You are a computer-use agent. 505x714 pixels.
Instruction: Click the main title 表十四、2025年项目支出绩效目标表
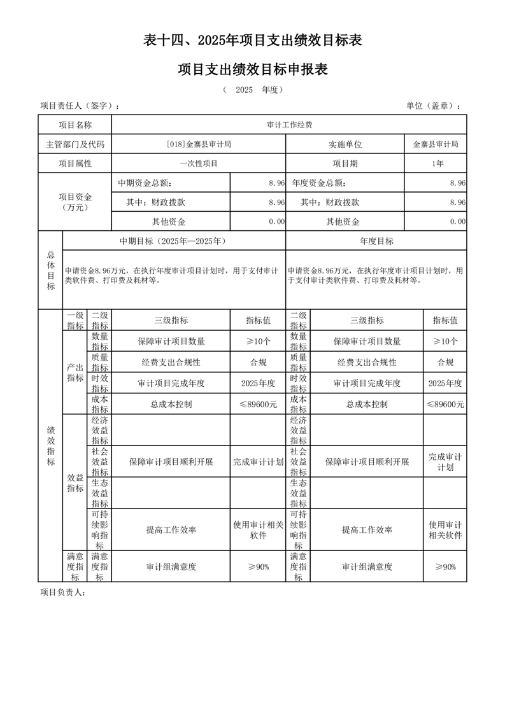point(252,41)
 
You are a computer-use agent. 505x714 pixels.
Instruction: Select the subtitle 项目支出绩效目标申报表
point(252,69)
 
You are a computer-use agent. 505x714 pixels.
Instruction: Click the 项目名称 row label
point(75,125)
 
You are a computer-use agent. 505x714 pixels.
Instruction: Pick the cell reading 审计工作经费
point(289,125)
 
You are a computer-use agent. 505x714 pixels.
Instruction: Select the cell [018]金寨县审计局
point(198,144)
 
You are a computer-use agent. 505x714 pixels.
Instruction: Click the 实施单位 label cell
point(345,144)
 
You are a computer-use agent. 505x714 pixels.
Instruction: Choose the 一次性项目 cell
point(198,164)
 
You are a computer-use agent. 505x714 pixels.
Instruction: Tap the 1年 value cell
point(436,164)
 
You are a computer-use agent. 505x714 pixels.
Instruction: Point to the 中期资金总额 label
point(145,183)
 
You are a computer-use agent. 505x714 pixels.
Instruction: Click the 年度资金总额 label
point(319,183)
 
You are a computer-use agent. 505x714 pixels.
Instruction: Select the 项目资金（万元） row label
point(75,202)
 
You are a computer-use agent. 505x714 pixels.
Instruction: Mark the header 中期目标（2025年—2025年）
point(173,241)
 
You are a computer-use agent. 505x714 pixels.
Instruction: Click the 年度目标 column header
point(376,241)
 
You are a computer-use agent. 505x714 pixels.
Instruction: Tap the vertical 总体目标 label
point(50,270)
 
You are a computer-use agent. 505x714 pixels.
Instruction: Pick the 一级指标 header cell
point(75,321)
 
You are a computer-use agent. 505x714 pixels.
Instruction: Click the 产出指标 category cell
point(75,372)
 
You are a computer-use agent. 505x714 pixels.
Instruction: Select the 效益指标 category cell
point(75,482)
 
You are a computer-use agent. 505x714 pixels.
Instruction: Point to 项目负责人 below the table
point(62,592)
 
